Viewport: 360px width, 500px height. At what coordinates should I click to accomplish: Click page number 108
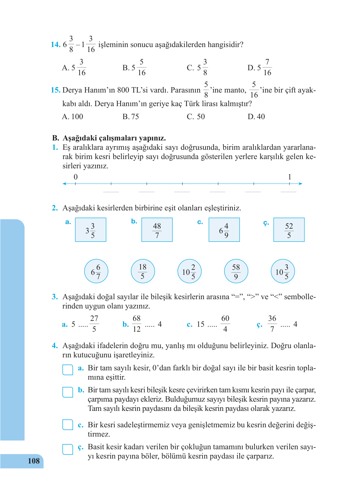click(x=33, y=461)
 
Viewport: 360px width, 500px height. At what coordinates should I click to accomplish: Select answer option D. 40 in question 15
click(x=256, y=117)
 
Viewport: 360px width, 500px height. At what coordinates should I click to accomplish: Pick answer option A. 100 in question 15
click(x=73, y=117)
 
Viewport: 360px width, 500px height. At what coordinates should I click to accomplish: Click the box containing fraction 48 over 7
click(x=157, y=230)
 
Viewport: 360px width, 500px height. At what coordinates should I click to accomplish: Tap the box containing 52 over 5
click(x=289, y=230)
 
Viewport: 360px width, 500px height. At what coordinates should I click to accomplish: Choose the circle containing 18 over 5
click(x=143, y=271)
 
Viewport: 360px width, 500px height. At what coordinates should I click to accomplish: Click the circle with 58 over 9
click(x=236, y=271)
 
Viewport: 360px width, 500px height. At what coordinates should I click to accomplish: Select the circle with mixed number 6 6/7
click(x=96, y=271)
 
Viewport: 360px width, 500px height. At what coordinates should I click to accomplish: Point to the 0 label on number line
click(x=76, y=177)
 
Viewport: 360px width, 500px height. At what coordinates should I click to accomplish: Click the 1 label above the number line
click(x=289, y=177)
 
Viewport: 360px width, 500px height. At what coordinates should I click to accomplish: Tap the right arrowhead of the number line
click(x=300, y=184)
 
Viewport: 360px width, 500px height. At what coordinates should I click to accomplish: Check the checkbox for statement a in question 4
click(x=68, y=370)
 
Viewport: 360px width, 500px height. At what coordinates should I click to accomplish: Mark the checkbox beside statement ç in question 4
click(x=68, y=449)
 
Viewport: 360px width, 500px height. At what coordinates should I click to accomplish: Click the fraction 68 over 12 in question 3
click(x=137, y=324)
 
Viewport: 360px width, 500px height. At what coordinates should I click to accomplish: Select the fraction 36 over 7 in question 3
click(x=272, y=324)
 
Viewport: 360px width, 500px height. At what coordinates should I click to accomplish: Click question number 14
click(x=55, y=45)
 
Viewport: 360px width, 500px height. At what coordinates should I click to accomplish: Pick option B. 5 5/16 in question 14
click(x=134, y=67)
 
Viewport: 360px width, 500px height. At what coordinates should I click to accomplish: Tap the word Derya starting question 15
click(x=72, y=90)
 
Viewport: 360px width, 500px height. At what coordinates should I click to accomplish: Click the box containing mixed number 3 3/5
click(x=91, y=230)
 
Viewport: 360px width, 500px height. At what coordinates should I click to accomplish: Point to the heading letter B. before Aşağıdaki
click(x=56, y=138)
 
